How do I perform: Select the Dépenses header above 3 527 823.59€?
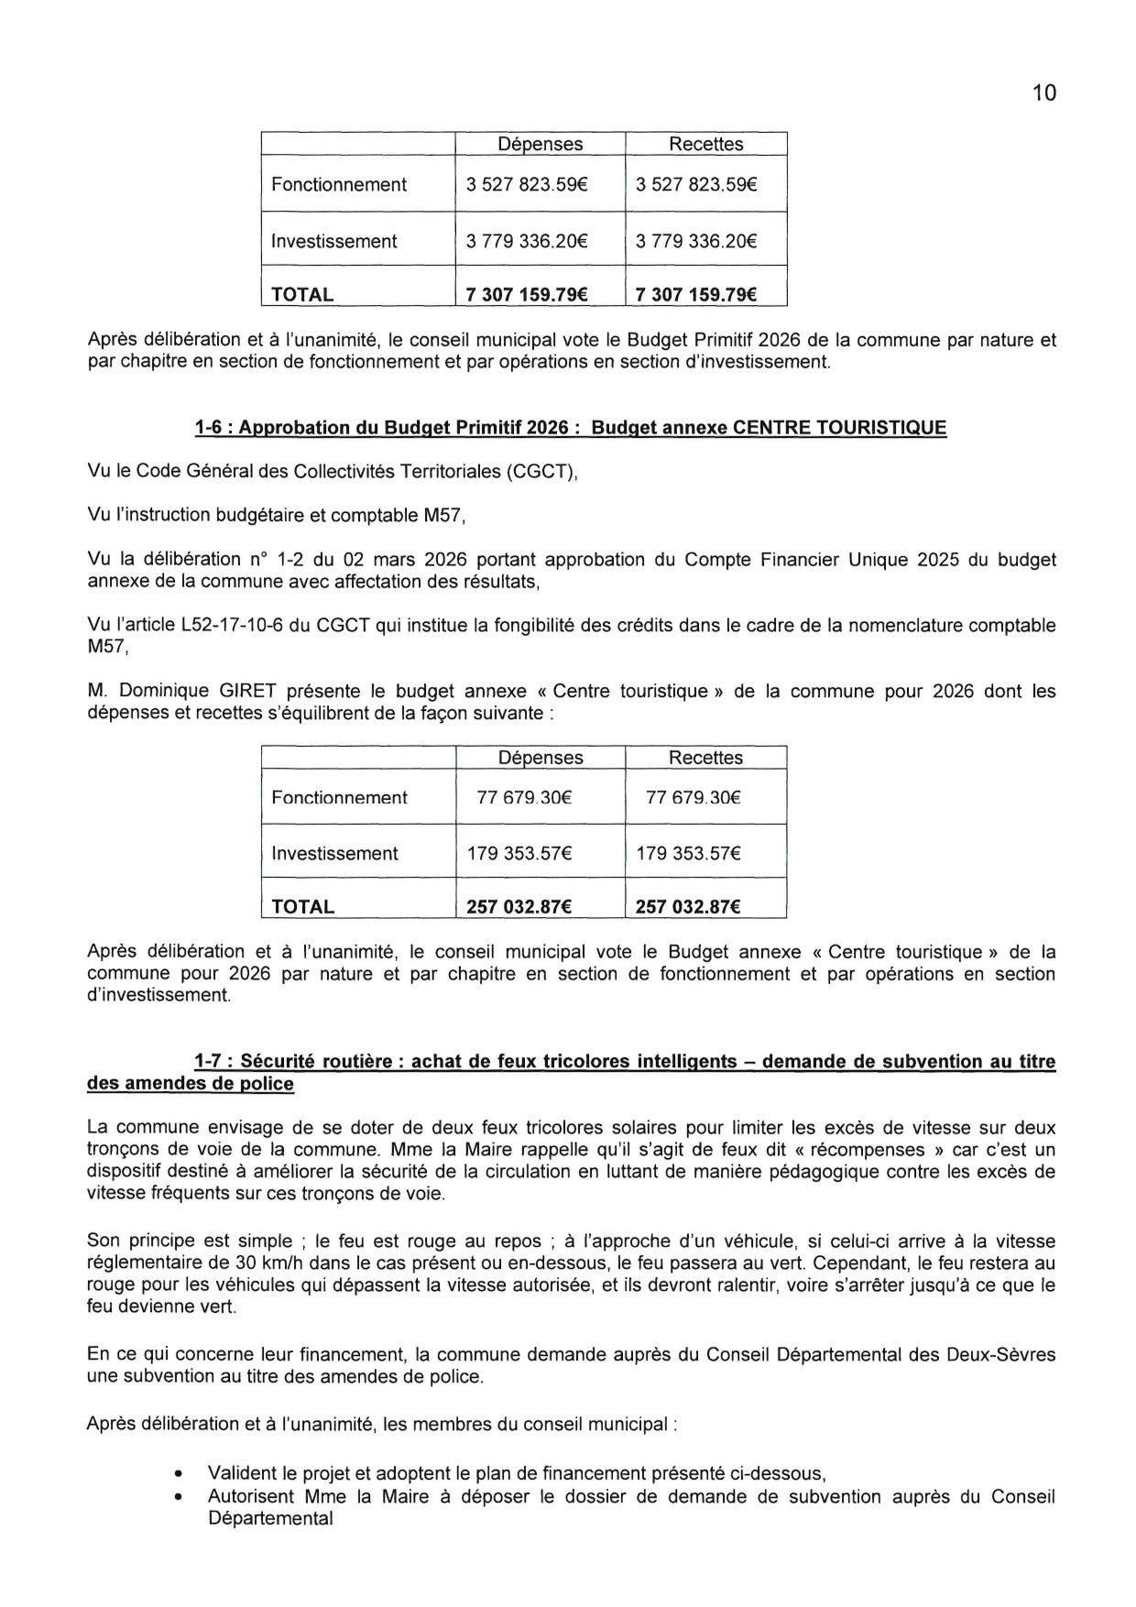tap(540, 144)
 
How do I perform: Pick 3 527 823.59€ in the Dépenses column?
tap(526, 184)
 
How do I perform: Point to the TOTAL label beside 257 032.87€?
tap(303, 907)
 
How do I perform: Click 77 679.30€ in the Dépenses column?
tap(524, 797)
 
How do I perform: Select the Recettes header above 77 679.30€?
tap(705, 758)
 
